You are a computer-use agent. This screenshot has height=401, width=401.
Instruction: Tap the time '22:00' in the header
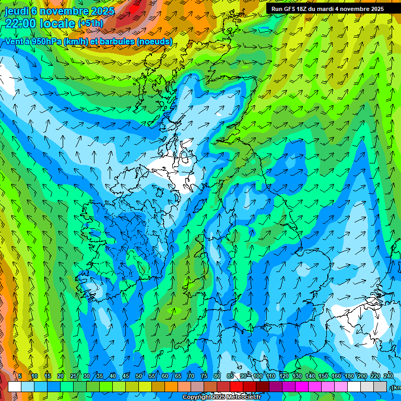click(20, 23)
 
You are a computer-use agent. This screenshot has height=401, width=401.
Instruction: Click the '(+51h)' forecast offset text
click(90, 23)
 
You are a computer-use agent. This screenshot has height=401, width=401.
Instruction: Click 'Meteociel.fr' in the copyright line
click(243, 397)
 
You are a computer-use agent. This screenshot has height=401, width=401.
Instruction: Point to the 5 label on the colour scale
click(20, 376)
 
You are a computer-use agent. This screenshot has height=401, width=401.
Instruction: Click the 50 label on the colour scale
click(138, 376)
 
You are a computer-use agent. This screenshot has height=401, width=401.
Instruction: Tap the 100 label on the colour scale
click(257, 376)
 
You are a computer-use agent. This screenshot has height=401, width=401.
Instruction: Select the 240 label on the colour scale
click(388, 376)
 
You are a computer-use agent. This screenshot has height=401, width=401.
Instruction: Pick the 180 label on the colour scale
click(349, 376)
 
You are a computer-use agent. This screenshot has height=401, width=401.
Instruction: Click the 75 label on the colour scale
click(204, 376)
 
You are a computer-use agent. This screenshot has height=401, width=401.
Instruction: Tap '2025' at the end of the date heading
click(103, 10)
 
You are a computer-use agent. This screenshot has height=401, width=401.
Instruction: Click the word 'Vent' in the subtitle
click(14, 41)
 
